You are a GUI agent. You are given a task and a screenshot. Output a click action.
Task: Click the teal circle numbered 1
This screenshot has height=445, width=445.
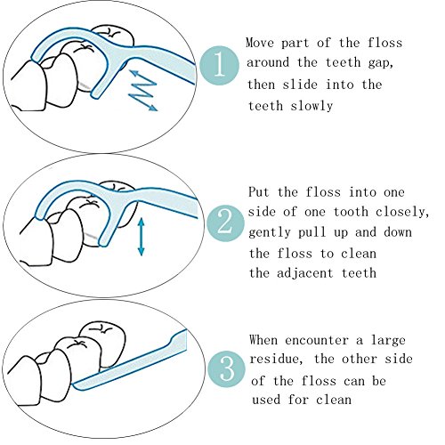click(220, 65)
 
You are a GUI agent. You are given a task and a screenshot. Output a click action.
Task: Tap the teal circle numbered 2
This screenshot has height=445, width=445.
click(225, 223)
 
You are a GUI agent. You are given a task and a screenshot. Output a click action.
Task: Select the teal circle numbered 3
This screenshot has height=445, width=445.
click(227, 369)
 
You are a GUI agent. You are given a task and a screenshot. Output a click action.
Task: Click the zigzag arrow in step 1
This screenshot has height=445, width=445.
click(143, 90)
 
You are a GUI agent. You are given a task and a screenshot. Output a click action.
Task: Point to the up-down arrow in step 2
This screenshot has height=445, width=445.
click(142, 237)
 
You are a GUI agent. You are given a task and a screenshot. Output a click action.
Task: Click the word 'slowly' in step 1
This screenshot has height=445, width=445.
click(311, 106)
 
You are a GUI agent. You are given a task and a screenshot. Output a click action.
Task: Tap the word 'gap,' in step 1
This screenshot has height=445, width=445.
click(381, 63)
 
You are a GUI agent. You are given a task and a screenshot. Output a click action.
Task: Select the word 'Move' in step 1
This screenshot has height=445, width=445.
click(260, 43)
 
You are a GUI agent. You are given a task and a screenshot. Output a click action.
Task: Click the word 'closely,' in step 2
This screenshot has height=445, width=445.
click(402, 213)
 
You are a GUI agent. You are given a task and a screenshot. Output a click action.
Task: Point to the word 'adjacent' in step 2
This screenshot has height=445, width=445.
click(305, 273)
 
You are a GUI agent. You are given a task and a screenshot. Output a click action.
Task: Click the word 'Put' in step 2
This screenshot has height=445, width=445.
click(259, 192)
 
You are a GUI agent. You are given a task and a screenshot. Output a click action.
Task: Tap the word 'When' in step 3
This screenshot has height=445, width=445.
click(263, 340)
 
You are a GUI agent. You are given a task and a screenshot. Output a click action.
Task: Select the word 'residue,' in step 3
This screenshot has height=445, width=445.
click(276, 359)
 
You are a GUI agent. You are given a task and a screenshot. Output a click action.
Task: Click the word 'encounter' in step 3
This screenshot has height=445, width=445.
click(317, 340)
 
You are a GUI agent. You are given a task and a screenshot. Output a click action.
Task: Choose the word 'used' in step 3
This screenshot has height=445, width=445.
click(266, 400)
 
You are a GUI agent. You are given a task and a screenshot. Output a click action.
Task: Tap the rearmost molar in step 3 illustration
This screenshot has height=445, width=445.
click(102, 341)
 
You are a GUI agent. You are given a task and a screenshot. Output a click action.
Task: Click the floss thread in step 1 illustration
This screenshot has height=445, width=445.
click(83, 86)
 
